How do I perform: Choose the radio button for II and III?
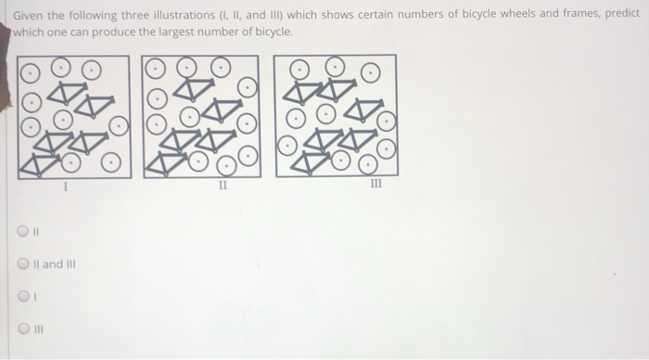[25, 264]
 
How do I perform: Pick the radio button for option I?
[25, 298]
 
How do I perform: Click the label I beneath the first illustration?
[65, 187]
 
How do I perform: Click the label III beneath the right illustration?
[375, 186]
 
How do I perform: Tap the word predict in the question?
[620, 14]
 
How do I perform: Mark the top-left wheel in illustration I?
[30, 70]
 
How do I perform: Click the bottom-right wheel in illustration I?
[110, 163]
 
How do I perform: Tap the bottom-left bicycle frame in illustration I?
[36, 163]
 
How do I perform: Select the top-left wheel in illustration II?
[156, 69]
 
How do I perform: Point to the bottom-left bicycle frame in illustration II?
[163, 163]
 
